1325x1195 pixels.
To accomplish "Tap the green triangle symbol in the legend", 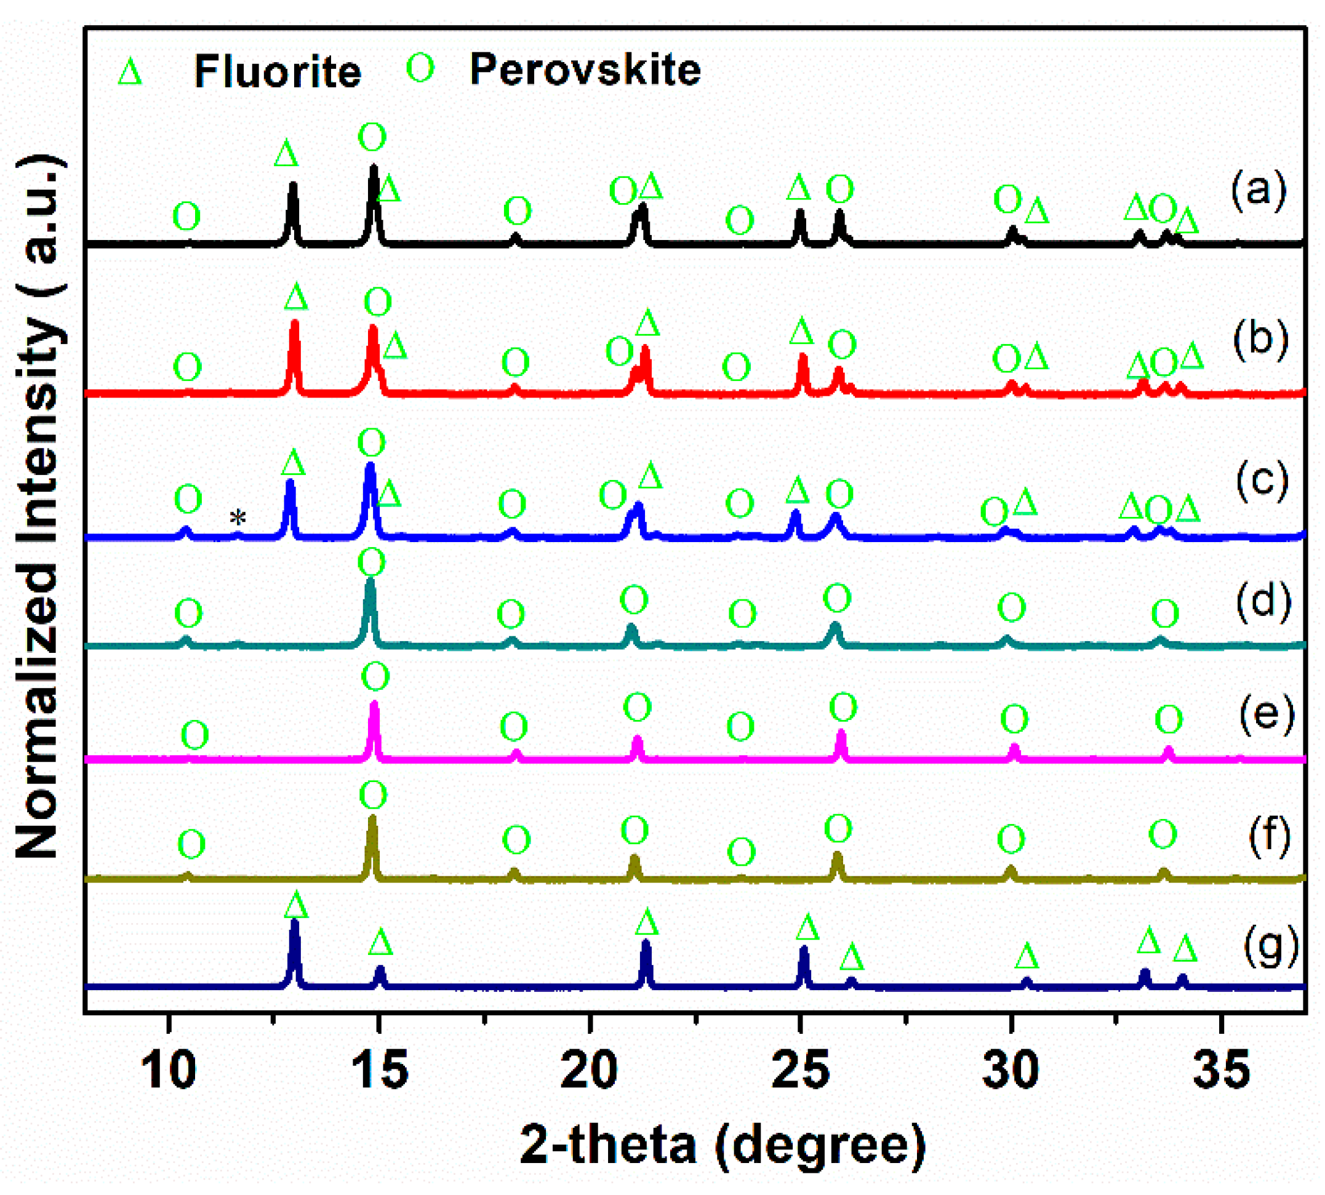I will click(x=129, y=71).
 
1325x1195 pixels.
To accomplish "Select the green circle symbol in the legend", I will click(x=420, y=68).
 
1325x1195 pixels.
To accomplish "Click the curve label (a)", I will click(x=1258, y=191).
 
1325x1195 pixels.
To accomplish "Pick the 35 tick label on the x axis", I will click(x=1221, y=1070).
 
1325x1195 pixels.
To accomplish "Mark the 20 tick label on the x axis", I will click(x=589, y=1070).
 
